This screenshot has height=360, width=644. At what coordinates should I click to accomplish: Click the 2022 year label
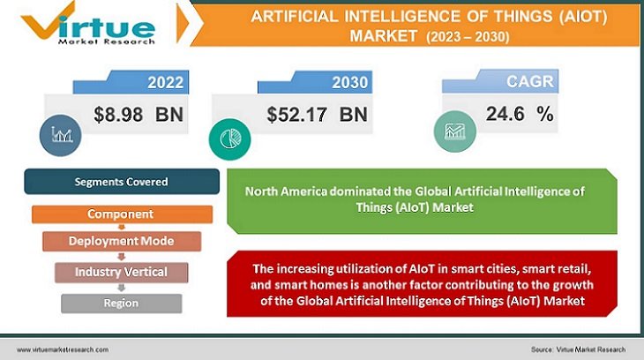165,84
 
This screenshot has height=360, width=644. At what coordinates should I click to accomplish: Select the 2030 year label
350,84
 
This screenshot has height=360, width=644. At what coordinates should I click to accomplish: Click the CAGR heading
531,82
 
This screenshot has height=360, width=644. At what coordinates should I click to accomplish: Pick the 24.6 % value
520,113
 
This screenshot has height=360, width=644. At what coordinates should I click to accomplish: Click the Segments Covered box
121,182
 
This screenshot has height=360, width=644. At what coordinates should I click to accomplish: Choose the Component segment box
121,214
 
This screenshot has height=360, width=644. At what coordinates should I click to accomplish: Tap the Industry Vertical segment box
123,272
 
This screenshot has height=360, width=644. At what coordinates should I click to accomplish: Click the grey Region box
121,303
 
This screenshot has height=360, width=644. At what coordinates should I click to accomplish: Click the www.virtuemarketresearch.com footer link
63,349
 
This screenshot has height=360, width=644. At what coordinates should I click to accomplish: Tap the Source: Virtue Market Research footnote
580,349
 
